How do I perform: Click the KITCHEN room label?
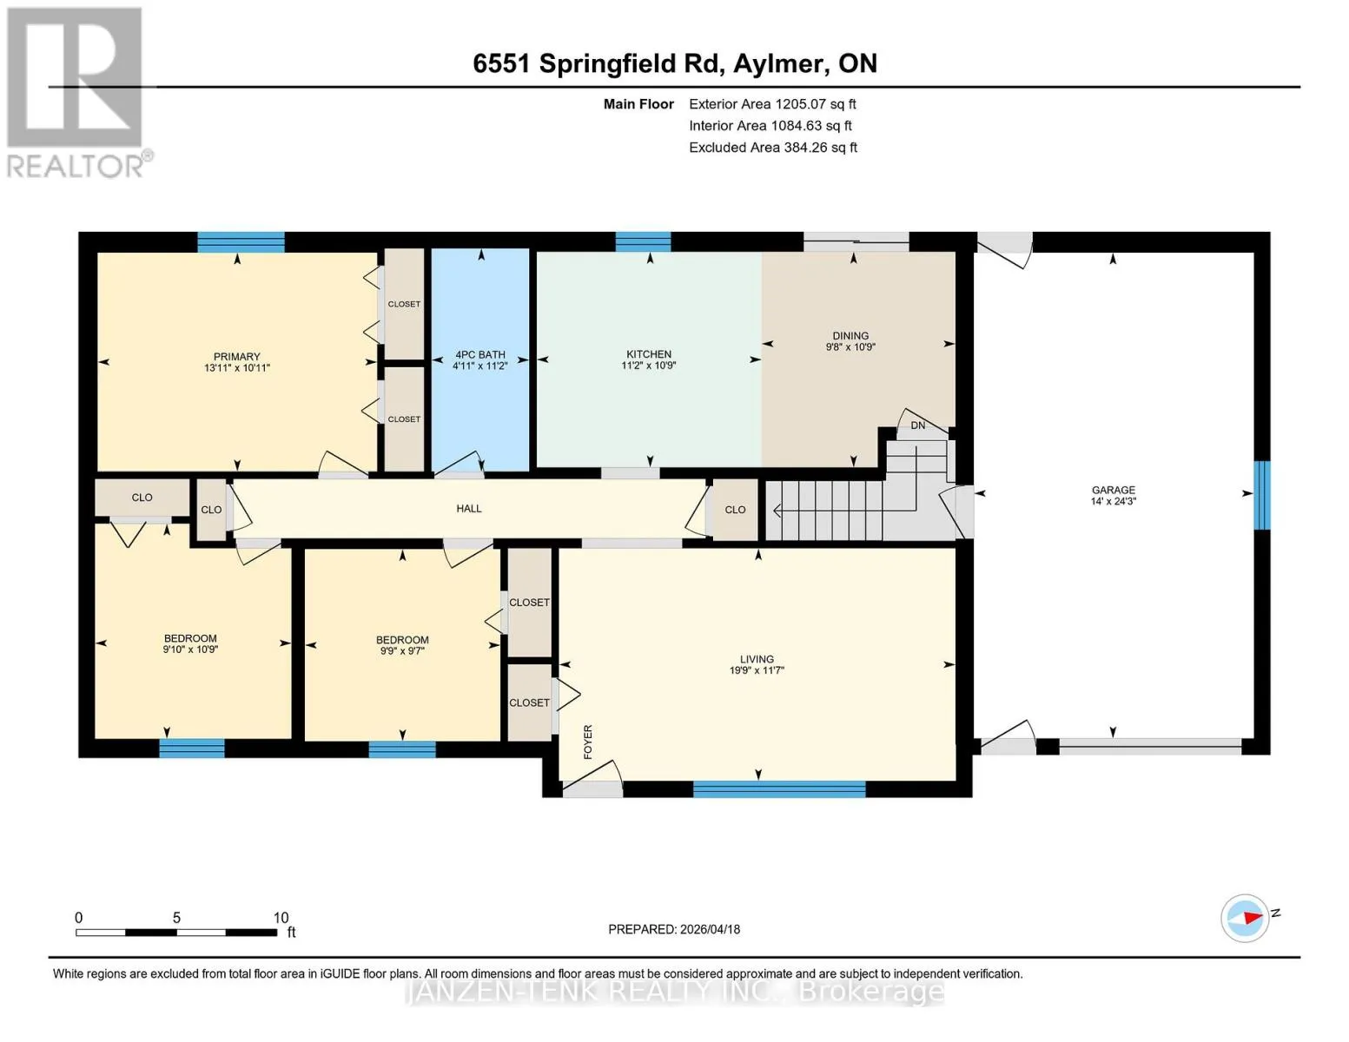[648, 354]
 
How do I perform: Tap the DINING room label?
[850, 336]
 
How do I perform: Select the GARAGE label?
[1113, 491]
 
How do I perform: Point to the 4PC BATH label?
[479, 355]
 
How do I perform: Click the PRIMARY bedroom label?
[236, 357]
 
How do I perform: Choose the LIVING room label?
[757, 659]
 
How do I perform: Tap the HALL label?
[469, 509]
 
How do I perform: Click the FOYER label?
[588, 742]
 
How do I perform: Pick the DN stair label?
[918, 425]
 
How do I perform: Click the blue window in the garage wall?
[1262, 495]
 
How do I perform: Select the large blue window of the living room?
[779, 788]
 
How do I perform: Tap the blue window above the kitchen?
[643, 241]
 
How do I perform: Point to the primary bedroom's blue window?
[241, 241]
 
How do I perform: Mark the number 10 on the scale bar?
[281, 918]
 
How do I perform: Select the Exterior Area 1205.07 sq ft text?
[772, 104]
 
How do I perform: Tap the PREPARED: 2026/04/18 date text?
[674, 930]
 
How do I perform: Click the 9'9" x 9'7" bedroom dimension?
[402, 651]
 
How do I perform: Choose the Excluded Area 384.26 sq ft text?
[773, 148]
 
